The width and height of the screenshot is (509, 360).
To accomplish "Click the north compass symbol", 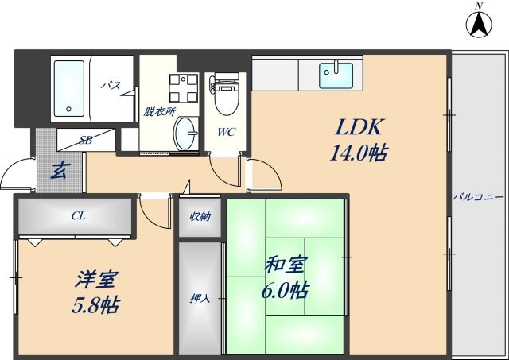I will coord(479,24).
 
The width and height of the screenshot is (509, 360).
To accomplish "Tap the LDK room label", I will coord(359,126).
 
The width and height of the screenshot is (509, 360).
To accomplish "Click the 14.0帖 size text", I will coord(358,153).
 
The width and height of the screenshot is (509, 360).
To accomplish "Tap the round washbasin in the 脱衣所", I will coord(187,131).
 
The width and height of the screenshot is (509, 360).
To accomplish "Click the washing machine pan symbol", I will coord(187,88).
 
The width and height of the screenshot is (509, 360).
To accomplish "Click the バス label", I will coord(110,85).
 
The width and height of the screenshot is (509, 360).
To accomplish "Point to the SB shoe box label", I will coord(85,140).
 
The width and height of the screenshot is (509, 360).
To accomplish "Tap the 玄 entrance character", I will coord(60,169).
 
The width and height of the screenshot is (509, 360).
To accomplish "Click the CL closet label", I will coord(78,215).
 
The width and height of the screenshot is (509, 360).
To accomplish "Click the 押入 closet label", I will coord(200,299).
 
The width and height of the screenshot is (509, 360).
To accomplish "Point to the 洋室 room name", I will coord(97,281).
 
